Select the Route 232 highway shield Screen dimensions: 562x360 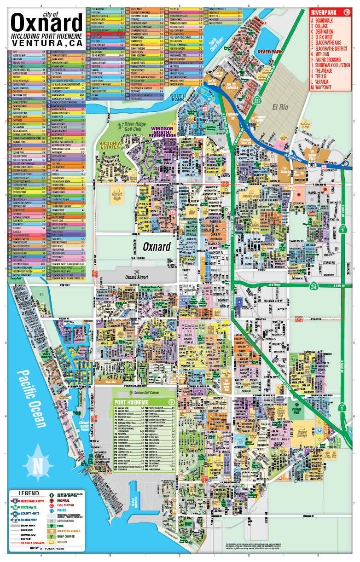tap(256, 99)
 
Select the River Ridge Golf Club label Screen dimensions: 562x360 tap(138, 126)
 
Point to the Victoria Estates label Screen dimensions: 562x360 tap(111, 146)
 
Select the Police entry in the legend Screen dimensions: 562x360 tap(62, 510)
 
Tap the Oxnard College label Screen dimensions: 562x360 tap(302, 435)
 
